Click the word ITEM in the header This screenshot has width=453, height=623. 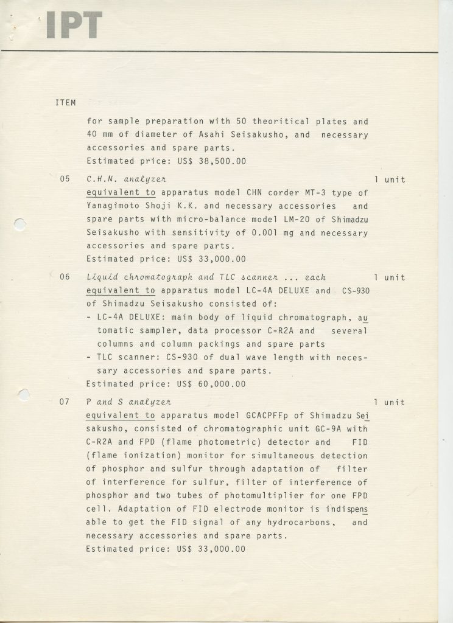pyautogui.click(x=65, y=103)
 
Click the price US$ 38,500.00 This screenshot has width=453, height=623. pyautogui.click(x=204, y=161)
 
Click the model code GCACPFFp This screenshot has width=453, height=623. pyautogui.click(x=269, y=416)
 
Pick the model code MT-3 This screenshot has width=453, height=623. pyautogui.click(x=317, y=193)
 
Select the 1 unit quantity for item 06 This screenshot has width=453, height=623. pyautogui.click(x=389, y=277)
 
